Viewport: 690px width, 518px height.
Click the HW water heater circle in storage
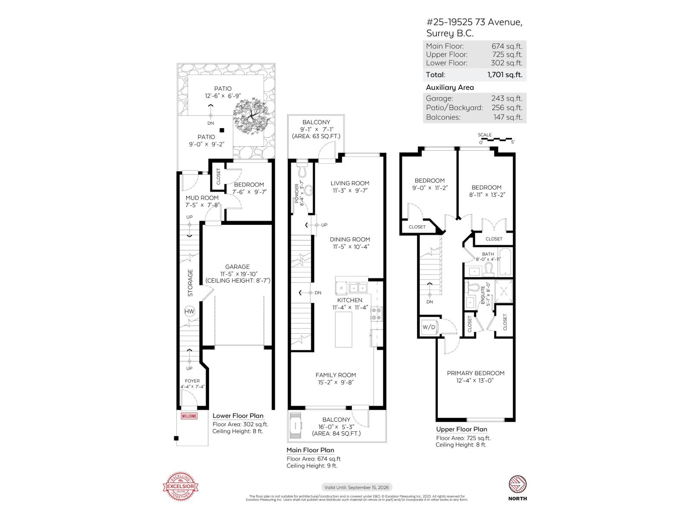coord(189,312)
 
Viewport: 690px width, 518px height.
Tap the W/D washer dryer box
coord(429,327)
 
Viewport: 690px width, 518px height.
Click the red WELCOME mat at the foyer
coord(189,416)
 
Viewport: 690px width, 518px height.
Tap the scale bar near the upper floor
coord(496,139)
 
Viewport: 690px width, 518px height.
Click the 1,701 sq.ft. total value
coord(505,75)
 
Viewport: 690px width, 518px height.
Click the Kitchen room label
coord(350,300)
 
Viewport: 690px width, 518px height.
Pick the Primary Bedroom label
coord(475,373)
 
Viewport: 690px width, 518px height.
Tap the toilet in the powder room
coord(302,171)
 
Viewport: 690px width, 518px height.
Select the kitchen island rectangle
coord(344,329)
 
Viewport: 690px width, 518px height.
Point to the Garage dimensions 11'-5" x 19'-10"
coord(237,274)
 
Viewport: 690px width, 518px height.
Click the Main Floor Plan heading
coord(310,450)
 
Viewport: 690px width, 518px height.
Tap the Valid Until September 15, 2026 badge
coord(357,487)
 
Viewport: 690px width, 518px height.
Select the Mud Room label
coord(202,198)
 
